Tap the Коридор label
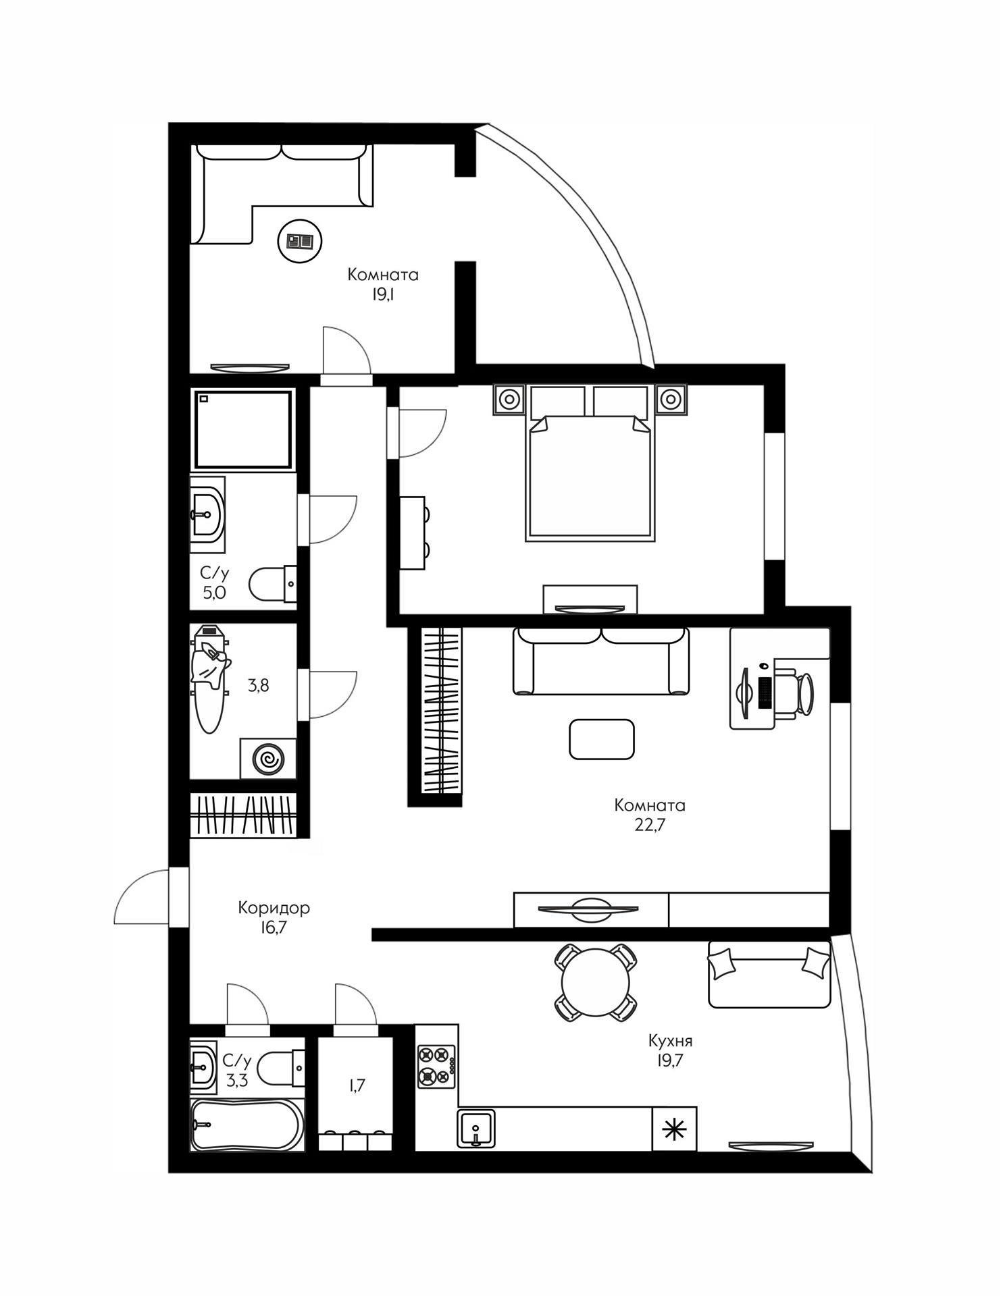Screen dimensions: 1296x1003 [x=274, y=908]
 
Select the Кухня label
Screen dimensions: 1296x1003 [x=670, y=1039]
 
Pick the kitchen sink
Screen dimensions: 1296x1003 [x=476, y=1127]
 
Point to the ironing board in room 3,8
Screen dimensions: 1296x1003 [x=209, y=682]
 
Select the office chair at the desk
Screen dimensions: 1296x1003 [x=797, y=692]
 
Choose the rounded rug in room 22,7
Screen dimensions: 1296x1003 [x=601, y=738]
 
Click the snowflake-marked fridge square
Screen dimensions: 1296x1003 [x=673, y=1128]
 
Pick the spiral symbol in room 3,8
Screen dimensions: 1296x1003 [x=268, y=759]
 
